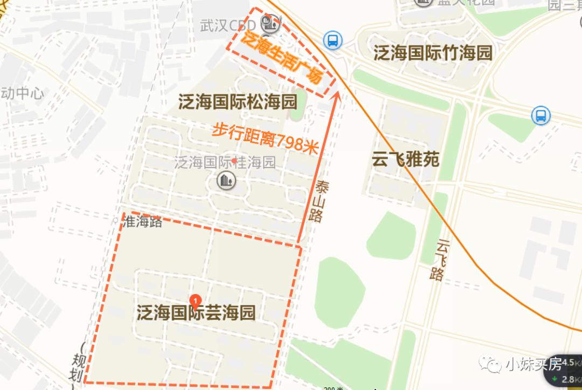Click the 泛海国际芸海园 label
click(196, 313)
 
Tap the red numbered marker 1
click(196, 300)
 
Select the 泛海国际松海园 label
click(238, 101)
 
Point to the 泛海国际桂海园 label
click(225, 162)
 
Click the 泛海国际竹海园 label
click(433, 53)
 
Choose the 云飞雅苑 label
click(406, 159)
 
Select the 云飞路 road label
click(441, 260)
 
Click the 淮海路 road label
click(143, 222)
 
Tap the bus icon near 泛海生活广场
click(332, 40)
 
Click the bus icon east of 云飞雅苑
click(540, 115)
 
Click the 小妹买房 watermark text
click(525, 365)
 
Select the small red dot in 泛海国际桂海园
click(234, 161)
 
